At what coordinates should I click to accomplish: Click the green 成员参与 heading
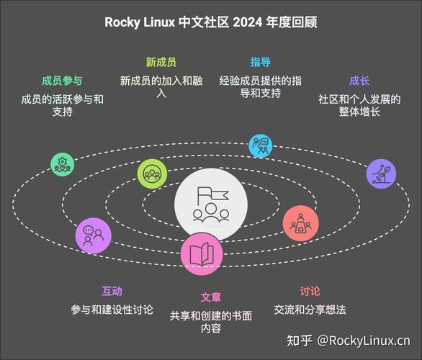pyautogui.click(x=62, y=81)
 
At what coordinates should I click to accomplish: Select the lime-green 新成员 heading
pyautogui.click(x=161, y=62)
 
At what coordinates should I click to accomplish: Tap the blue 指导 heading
pyautogui.click(x=260, y=62)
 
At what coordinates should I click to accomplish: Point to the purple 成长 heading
pyautogui.click(x=359, y=81)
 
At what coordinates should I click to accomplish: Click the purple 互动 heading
pyautogui.click(x=112, y=291)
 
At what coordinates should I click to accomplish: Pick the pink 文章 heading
pyautogui.click(x=211, y=297)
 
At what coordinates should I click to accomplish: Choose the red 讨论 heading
pyautogui.click(x=310, y=291)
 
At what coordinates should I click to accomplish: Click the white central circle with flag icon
pyautogui.click(x=211, y=204)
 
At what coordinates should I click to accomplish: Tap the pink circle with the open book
pyautogui.click(x=202, y=254)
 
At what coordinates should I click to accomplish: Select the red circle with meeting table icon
pyautogui.click(x=300, y=223)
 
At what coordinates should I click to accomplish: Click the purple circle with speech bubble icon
pyautogui.click(x=93, y=235)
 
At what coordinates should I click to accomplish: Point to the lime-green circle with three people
pyautogui.click(x=152, y=174)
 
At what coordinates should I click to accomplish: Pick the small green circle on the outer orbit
pyautogui.click(x=63, y=164)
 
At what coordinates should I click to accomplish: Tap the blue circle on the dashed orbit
pyautogui.click(x=260, y=145)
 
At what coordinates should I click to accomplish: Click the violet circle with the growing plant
pyautogui.click(x=381, y=174)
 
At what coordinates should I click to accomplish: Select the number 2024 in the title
pyautogui.click(x=247, y=22)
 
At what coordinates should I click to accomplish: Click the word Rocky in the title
pyautogui.click(x=122, y=22)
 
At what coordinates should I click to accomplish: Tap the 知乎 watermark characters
pyautogui.click(x=300, y=341)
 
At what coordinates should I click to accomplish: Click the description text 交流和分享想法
pyautogui.click(x=310, y=310)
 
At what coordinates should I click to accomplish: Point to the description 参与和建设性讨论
pyautogui.click(x=112, y=310)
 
